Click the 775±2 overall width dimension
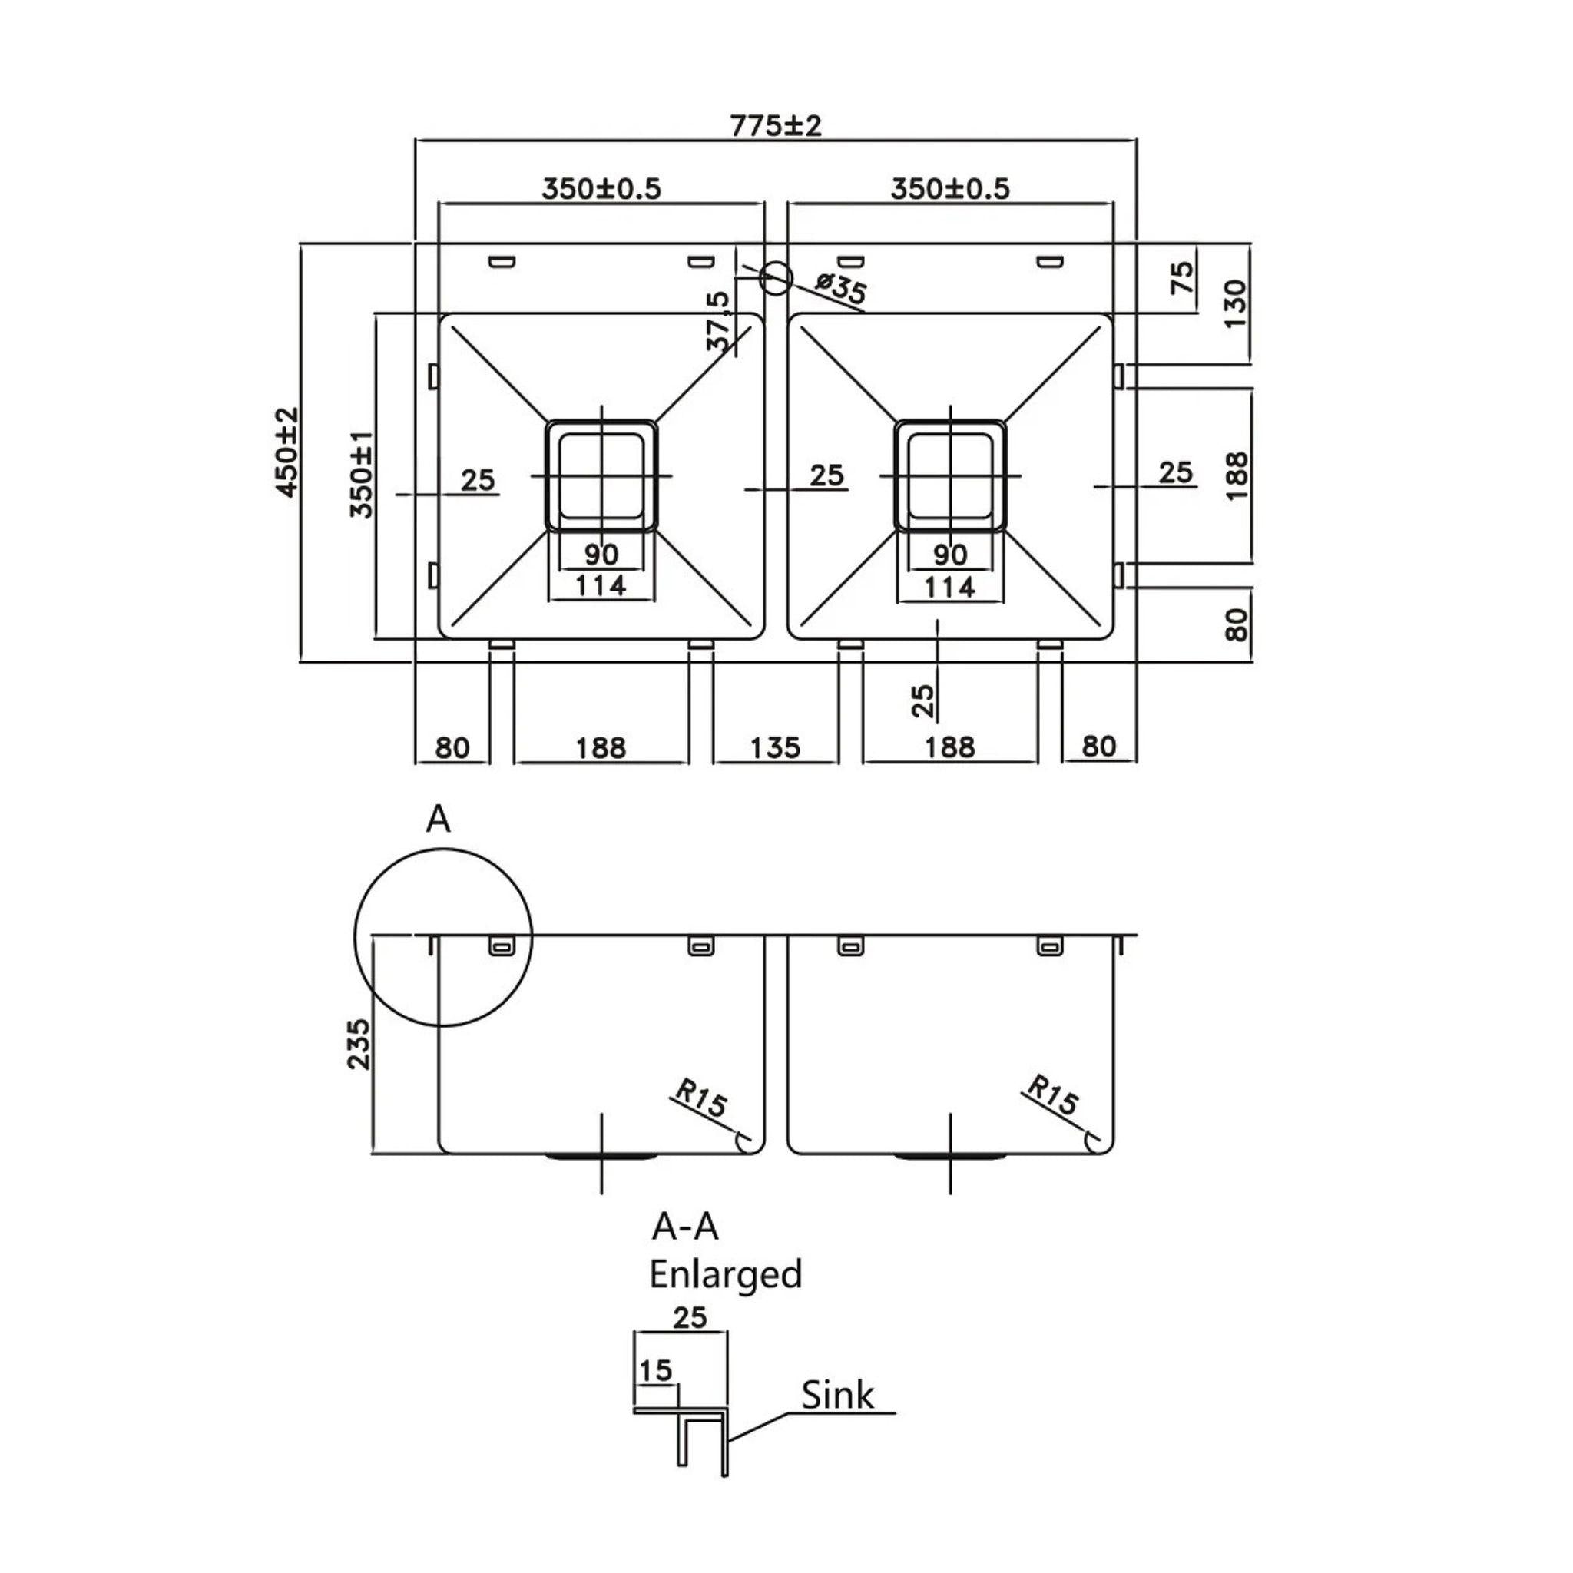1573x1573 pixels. [775, 126]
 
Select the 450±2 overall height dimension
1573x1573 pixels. [286, 452]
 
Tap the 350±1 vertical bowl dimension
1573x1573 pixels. [361, 475]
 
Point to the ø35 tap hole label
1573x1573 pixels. [840, 290]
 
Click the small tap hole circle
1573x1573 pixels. [775, 277]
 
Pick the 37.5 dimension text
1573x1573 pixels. [720, 322]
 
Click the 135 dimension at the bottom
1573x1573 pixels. [774, 747]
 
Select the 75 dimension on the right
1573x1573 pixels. [1182, 277]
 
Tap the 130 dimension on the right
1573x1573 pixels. [1234, 303]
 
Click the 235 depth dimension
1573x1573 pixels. [358, 1045]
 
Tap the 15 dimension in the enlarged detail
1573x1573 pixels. [655, 1371]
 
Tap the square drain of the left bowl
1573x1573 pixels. [601, 476]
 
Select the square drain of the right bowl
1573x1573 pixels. [950, 476]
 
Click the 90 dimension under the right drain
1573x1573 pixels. [950, 555]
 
